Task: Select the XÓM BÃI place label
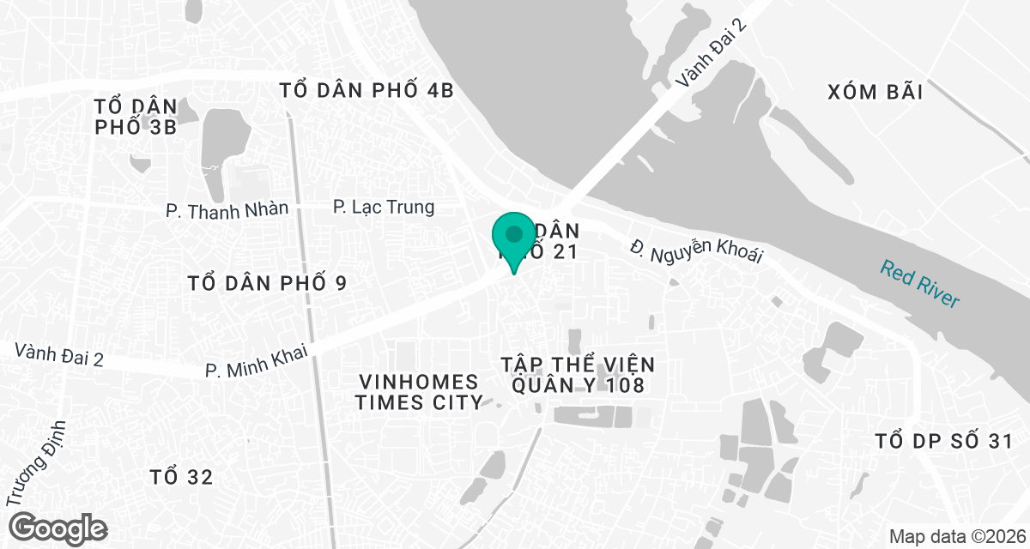(875, 93)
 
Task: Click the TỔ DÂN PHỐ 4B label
(367, 90)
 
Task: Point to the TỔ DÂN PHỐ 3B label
(136, 118)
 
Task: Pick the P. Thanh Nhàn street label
(227, 208)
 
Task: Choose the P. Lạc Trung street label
(384, 208)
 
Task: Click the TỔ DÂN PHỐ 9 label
(267, 283)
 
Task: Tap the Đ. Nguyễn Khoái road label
(695, 250)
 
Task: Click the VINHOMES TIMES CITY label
(420, 392)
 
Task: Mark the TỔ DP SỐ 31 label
(944, 442)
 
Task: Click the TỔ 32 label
(181, 477)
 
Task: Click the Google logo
(58, 528)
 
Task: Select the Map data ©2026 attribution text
(956, 537)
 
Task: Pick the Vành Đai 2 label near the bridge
(712, 53)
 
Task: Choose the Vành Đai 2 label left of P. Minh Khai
(59, 355)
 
